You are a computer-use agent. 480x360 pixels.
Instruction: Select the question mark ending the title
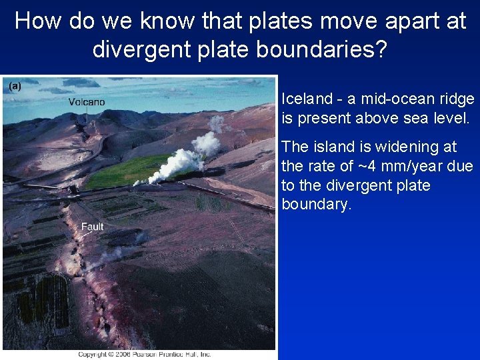pyautogui.click(x=380, y=49)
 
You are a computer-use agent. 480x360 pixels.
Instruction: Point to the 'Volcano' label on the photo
pyautogui.click(x=87, y=102)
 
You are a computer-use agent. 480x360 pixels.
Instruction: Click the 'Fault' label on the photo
pyautogui.click(x=92, y=227)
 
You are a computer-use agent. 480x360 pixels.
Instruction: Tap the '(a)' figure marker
pyautogui.click(x=15, y=85)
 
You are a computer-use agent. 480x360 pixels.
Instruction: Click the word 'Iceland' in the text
pyautogui.click(x=306, y=99)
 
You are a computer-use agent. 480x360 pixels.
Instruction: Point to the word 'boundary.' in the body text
pyautogui.click(x=316, y=204)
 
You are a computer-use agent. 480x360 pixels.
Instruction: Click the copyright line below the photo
pyautogui.click(x=144, y=354)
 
